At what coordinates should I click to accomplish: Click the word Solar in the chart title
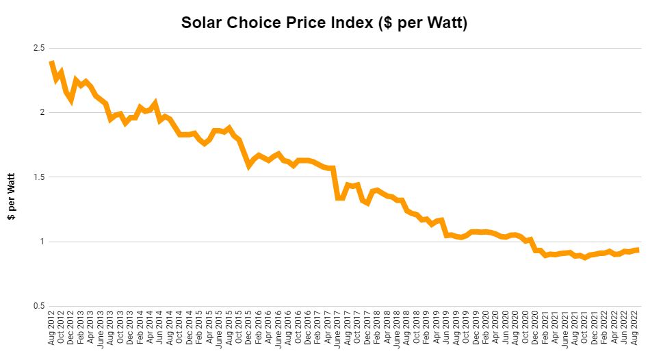click(203, 23)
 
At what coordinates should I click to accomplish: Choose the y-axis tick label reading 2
click(41, 112)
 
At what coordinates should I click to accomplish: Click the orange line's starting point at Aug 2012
click(52, 63)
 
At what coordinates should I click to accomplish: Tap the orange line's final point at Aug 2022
click(638, 250)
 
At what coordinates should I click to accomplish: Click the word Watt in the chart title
click(443, 23)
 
